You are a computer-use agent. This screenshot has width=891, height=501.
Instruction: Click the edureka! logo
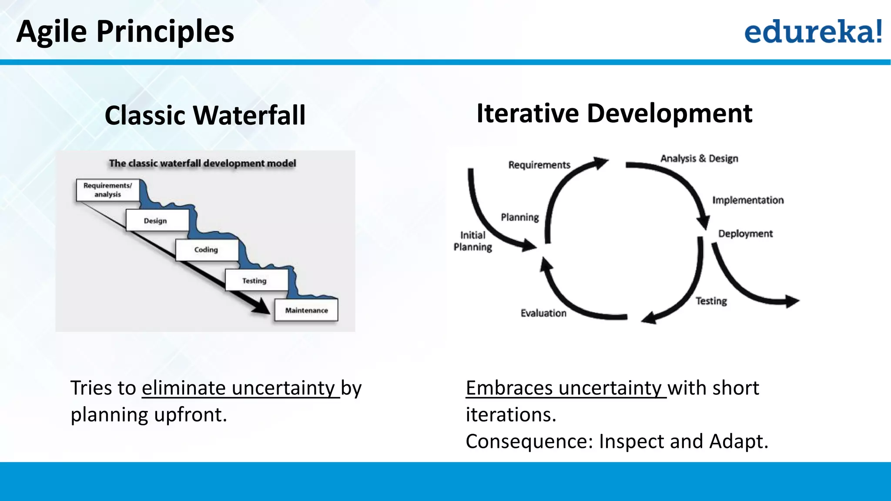[x=813, y=31]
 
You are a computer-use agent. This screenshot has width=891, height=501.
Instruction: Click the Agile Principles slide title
[x=125, y=31]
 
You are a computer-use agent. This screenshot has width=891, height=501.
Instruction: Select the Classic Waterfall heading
[x=205, y=115]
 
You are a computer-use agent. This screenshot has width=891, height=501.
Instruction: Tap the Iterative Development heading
[x=614, y=114]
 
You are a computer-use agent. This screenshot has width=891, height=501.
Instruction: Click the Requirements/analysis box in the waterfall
[x=107, y=190]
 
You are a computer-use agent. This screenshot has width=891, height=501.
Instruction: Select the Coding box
[x=207, y=250]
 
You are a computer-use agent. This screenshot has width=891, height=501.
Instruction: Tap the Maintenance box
[x=306, y=310]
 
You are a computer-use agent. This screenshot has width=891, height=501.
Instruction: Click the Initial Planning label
[x=473, y=241]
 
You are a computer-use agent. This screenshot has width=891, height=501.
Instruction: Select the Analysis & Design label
[x=699, y=158]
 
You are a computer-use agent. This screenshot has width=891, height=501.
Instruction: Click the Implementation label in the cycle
[x=748, y=200]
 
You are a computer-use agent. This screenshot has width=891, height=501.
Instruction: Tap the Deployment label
[x=745, y=234]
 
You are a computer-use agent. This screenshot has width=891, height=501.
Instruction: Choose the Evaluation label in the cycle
[x=543, y=313]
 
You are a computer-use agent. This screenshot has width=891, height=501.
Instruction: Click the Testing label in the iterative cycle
[x=711, y=301]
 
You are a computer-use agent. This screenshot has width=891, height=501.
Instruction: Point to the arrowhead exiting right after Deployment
[x=793, y=301]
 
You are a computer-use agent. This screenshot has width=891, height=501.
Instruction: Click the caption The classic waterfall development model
[x=202, y=164]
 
